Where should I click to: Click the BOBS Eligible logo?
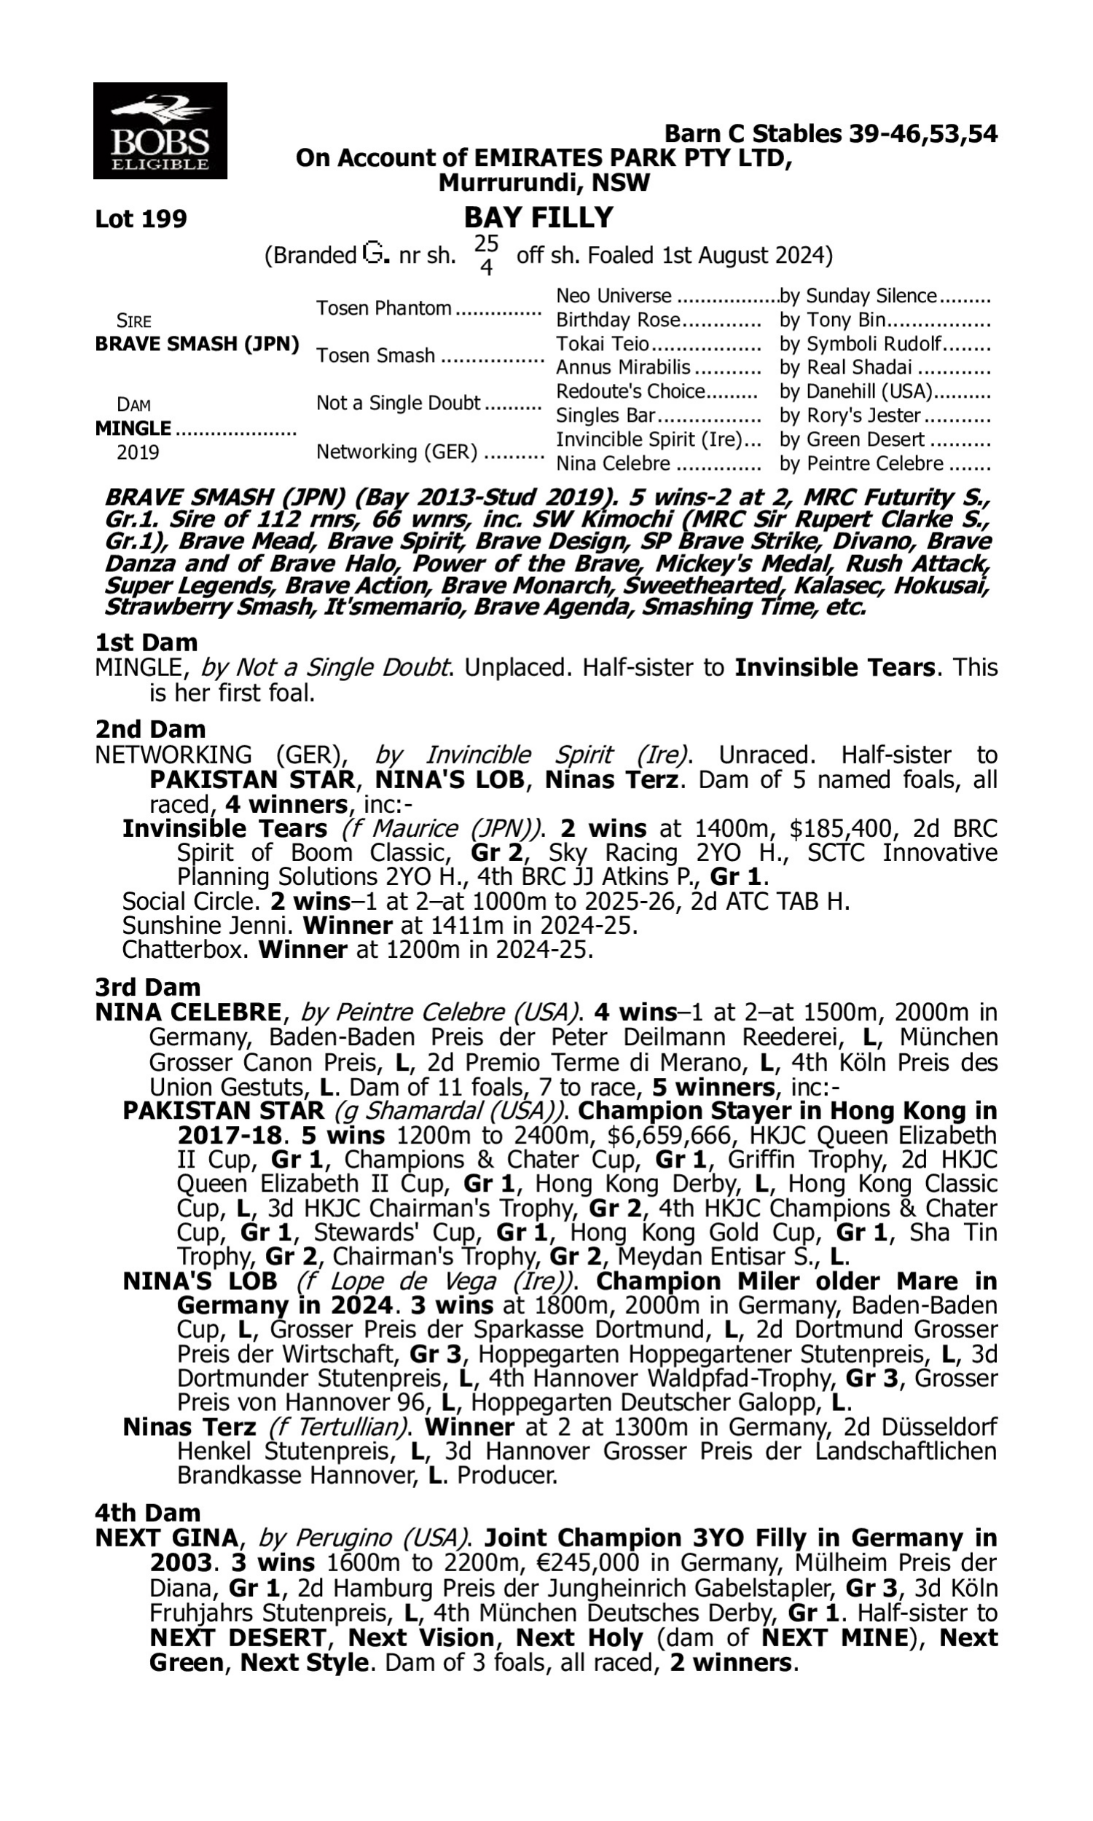pos(160,131)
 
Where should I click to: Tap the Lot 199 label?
pos(141,219)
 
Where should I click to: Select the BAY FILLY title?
pos(538,218)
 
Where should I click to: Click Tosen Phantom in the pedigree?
pos(384,308)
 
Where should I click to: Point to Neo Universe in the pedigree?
pos(614,296)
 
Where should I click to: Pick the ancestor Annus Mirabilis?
pos(623,367)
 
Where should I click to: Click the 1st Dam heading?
pos(146,642)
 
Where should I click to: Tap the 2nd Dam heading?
pos(150,729)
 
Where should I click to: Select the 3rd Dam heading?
pos(149,987)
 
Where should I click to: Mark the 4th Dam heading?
pos(148,1513)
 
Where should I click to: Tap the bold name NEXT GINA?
pos(166,1538)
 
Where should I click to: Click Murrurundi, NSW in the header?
pos(544,183)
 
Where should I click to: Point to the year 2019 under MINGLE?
pos(138,452)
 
